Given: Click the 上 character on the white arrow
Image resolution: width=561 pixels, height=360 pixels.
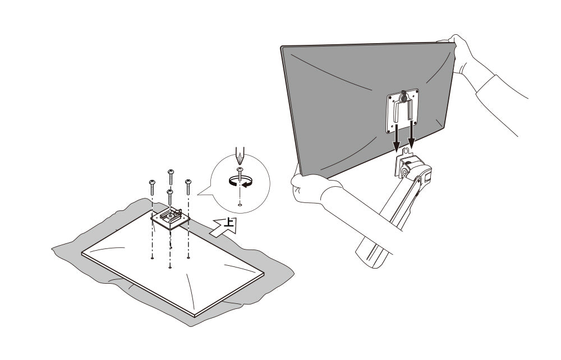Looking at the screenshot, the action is tap(229, 223).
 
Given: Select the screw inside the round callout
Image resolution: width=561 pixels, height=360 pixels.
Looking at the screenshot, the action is tap(240, 174).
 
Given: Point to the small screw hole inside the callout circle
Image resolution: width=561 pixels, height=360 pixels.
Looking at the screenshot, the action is tap(240, 205).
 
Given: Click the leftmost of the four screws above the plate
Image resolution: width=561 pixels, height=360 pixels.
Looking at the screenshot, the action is tap(153, 187).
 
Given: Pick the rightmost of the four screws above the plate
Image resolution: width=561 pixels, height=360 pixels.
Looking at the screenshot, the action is tap(188, 187).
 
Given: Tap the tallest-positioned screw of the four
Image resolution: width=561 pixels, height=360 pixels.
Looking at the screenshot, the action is tap(171, 177).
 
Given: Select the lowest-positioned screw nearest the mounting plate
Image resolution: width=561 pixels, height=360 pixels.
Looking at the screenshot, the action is tap(170, 197).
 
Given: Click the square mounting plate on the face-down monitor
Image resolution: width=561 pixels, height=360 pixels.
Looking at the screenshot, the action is tap(170, 218).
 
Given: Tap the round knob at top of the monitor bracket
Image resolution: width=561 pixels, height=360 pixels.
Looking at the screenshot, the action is tap(404, 96).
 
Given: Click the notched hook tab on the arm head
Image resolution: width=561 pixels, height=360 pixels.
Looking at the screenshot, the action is tap(406, 150).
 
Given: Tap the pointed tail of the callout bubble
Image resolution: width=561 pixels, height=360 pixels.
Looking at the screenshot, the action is tap(198, 195).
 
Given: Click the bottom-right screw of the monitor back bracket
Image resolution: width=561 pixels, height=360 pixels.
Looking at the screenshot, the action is tap(415, 123).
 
